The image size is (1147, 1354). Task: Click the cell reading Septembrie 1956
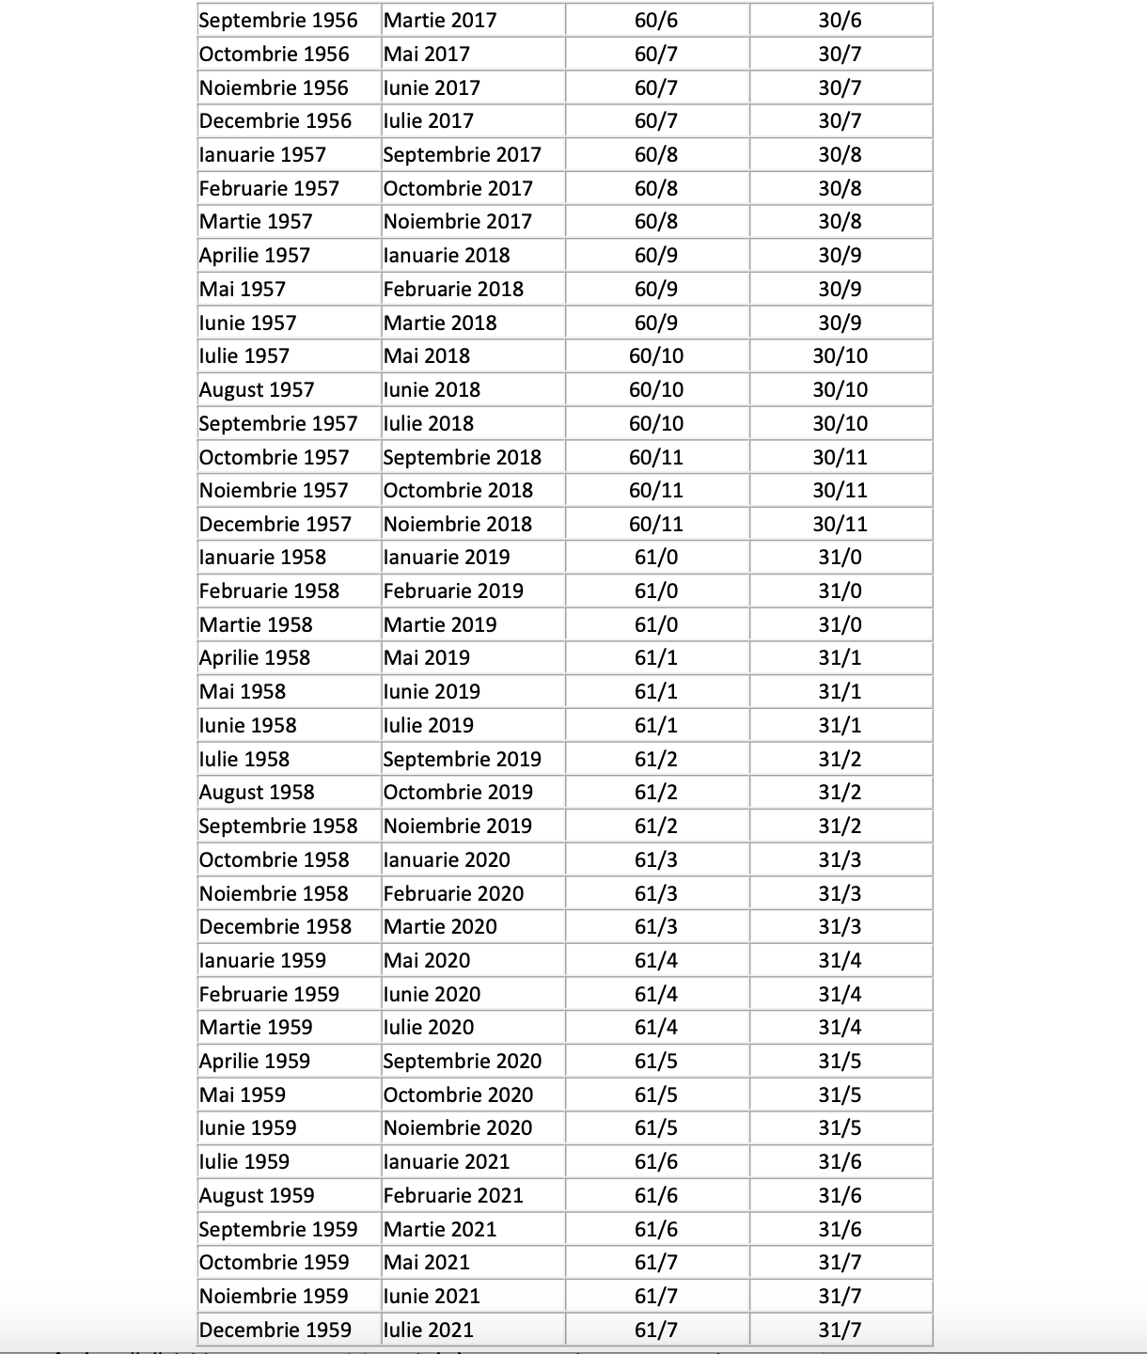pyautogui.click(x=278, y=20)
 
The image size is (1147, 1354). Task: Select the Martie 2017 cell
pyautogui.click(x=440, y=20)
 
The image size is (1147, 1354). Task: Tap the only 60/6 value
pyautogui.click(x=656, y=20)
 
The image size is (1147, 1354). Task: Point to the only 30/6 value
pyautogui.click(x=840, y=20)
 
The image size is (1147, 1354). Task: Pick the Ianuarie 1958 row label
pyautogui.click(x=263, y=557)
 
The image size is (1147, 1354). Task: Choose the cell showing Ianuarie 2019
pyautogui.click(x=447, y=557)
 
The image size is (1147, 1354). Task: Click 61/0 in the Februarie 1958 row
pyautogui.click(x=656, y=590)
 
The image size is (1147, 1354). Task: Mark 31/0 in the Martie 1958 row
pyautogui.click(x=840, y=624)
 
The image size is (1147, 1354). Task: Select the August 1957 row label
pyautogui.click(x=257, y=389)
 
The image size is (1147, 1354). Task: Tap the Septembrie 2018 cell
pyautogui.click(x=463, y=457)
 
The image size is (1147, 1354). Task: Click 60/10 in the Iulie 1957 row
pyautogui.click(x=656, y=355)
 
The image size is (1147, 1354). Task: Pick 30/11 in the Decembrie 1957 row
pyautogui.click(x=840, y=524)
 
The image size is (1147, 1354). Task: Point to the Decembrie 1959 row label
pyautogui.click(x=275, y=1330)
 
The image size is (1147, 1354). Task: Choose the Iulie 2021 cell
pyautogui.click(x=429, y=1330)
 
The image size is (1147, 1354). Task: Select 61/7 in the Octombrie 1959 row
pyautogui.click(x=656, y=1262)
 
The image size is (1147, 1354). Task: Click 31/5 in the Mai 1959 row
pyautogui.click(x=840, y=1094)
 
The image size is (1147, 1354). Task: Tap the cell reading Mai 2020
pyautogui.click(x=427, y=960)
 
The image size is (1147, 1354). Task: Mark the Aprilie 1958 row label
pyautogui.click(x=255, y=657)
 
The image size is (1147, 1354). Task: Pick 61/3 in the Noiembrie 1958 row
pyautogui.click(x=656, y=893)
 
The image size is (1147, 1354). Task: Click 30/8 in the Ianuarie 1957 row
pyautogui.click(x=840, y=154)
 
